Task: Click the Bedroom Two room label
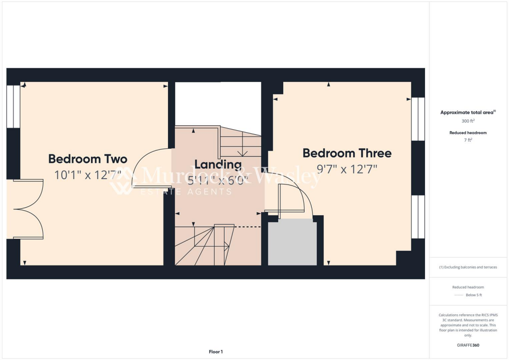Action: point(87,159)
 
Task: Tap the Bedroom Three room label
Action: point(347,153)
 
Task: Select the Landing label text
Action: point(218,164)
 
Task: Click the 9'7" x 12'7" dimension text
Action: point(347,169)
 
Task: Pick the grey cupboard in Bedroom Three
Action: point(292,243)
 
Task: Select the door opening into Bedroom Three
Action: point(293,199)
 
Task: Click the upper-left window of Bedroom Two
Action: point(13,106)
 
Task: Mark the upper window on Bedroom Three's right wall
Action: point(418,119)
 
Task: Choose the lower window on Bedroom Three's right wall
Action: point(418,217)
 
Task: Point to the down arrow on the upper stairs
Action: point(243,152)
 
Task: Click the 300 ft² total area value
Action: point(468,121)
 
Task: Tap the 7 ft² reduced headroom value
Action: point(468,141)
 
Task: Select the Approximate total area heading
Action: point(467,112)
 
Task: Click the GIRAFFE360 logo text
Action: point(468,345)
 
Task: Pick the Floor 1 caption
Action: point(216,352)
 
